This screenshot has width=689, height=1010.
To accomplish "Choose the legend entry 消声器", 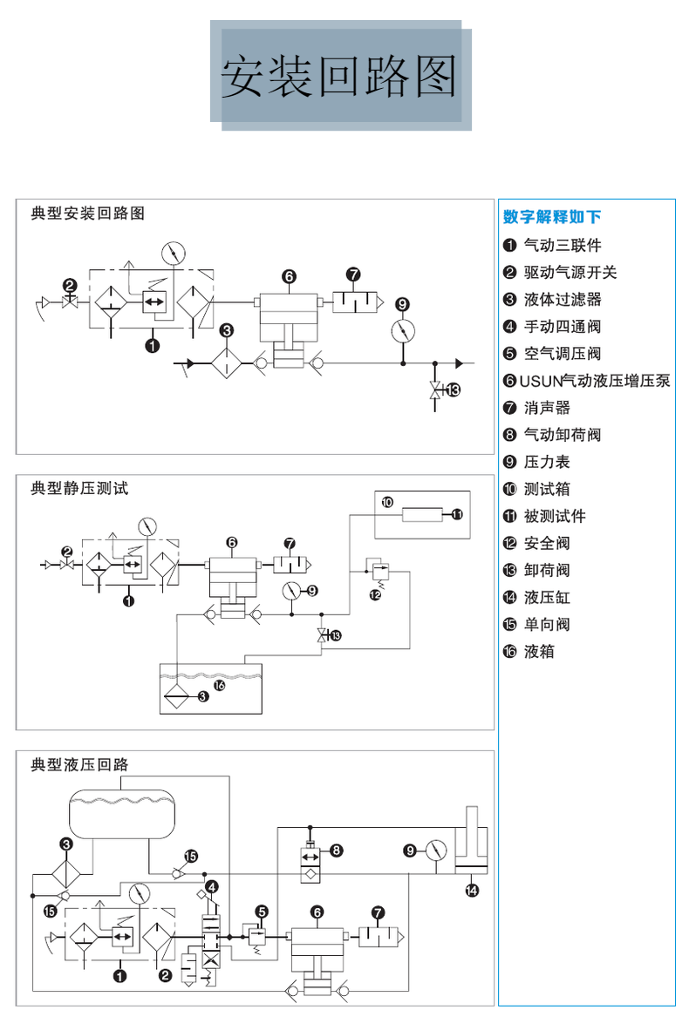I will [547, 408].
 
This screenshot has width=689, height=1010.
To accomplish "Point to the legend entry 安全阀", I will [547, 543].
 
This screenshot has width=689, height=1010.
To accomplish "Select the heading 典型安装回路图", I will [87, 213].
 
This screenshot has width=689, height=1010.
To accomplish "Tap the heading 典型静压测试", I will [79, 488].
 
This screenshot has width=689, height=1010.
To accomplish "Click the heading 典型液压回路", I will [79, 764].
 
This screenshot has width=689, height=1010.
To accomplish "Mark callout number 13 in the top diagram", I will [453, 390].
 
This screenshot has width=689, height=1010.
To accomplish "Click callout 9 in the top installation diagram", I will [402, 304].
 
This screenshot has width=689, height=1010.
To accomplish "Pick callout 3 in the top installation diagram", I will [227, 330].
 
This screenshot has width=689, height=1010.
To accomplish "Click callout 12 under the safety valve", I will [376, 594].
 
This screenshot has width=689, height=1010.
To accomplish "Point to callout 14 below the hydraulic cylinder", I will [472, 890].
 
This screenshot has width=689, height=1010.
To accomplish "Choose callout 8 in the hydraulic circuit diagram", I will [337, 849].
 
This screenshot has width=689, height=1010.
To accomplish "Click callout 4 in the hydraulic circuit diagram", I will [212, 886].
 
